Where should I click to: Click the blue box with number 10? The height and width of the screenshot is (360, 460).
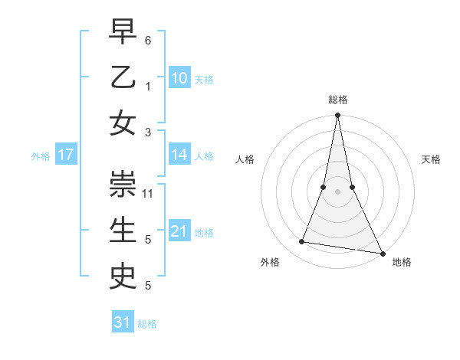pyautogui.click(x=179, y=77)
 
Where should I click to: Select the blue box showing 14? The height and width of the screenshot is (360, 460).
pyautogui.click(x=179, y=155)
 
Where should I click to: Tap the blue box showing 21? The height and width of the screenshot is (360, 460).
pyautogui.click(x=179, y=231)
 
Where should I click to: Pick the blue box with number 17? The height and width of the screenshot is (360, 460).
pyautogui.click(x=66, y=155)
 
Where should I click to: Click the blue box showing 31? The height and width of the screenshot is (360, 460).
pyautogui.click(x=123, y=322)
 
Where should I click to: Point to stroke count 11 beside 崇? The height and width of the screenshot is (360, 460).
pyautogui.click(x=149, y=193)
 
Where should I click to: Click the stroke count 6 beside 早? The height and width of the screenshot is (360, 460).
pyautogui.click(x=148, y=39)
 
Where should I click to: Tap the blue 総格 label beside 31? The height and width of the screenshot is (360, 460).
pyautogui.click(x=147, y=324)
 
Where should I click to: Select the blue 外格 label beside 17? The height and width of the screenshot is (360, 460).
pyautogui.click(x=41, y=156)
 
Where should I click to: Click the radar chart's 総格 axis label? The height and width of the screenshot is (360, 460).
pyautogui.click(x=337, y=100)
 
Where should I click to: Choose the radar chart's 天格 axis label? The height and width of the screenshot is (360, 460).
pyautogui.click(x=431, y=159)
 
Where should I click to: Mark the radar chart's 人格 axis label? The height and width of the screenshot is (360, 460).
pyautogui.click(x=245, y=159)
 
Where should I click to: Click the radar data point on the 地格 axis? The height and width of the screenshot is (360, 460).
pyautogui.click(x=382, y=253)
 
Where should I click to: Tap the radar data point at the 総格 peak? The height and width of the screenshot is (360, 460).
pyautogui.click(x=337, y=116)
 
